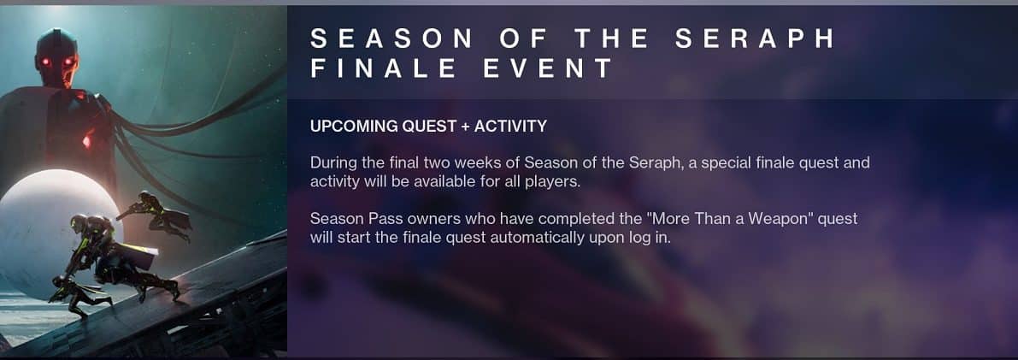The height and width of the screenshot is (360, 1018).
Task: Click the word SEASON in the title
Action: pyautogui.click(x=391, y=39)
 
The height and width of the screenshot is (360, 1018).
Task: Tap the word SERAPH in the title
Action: pyautogui.click(x=755, y=39)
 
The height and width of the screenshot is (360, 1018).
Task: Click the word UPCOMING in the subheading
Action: pyautogui.click(x=350, y=127)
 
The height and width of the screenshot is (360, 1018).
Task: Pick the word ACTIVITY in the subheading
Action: pyautogui.click(x=510, y=127)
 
